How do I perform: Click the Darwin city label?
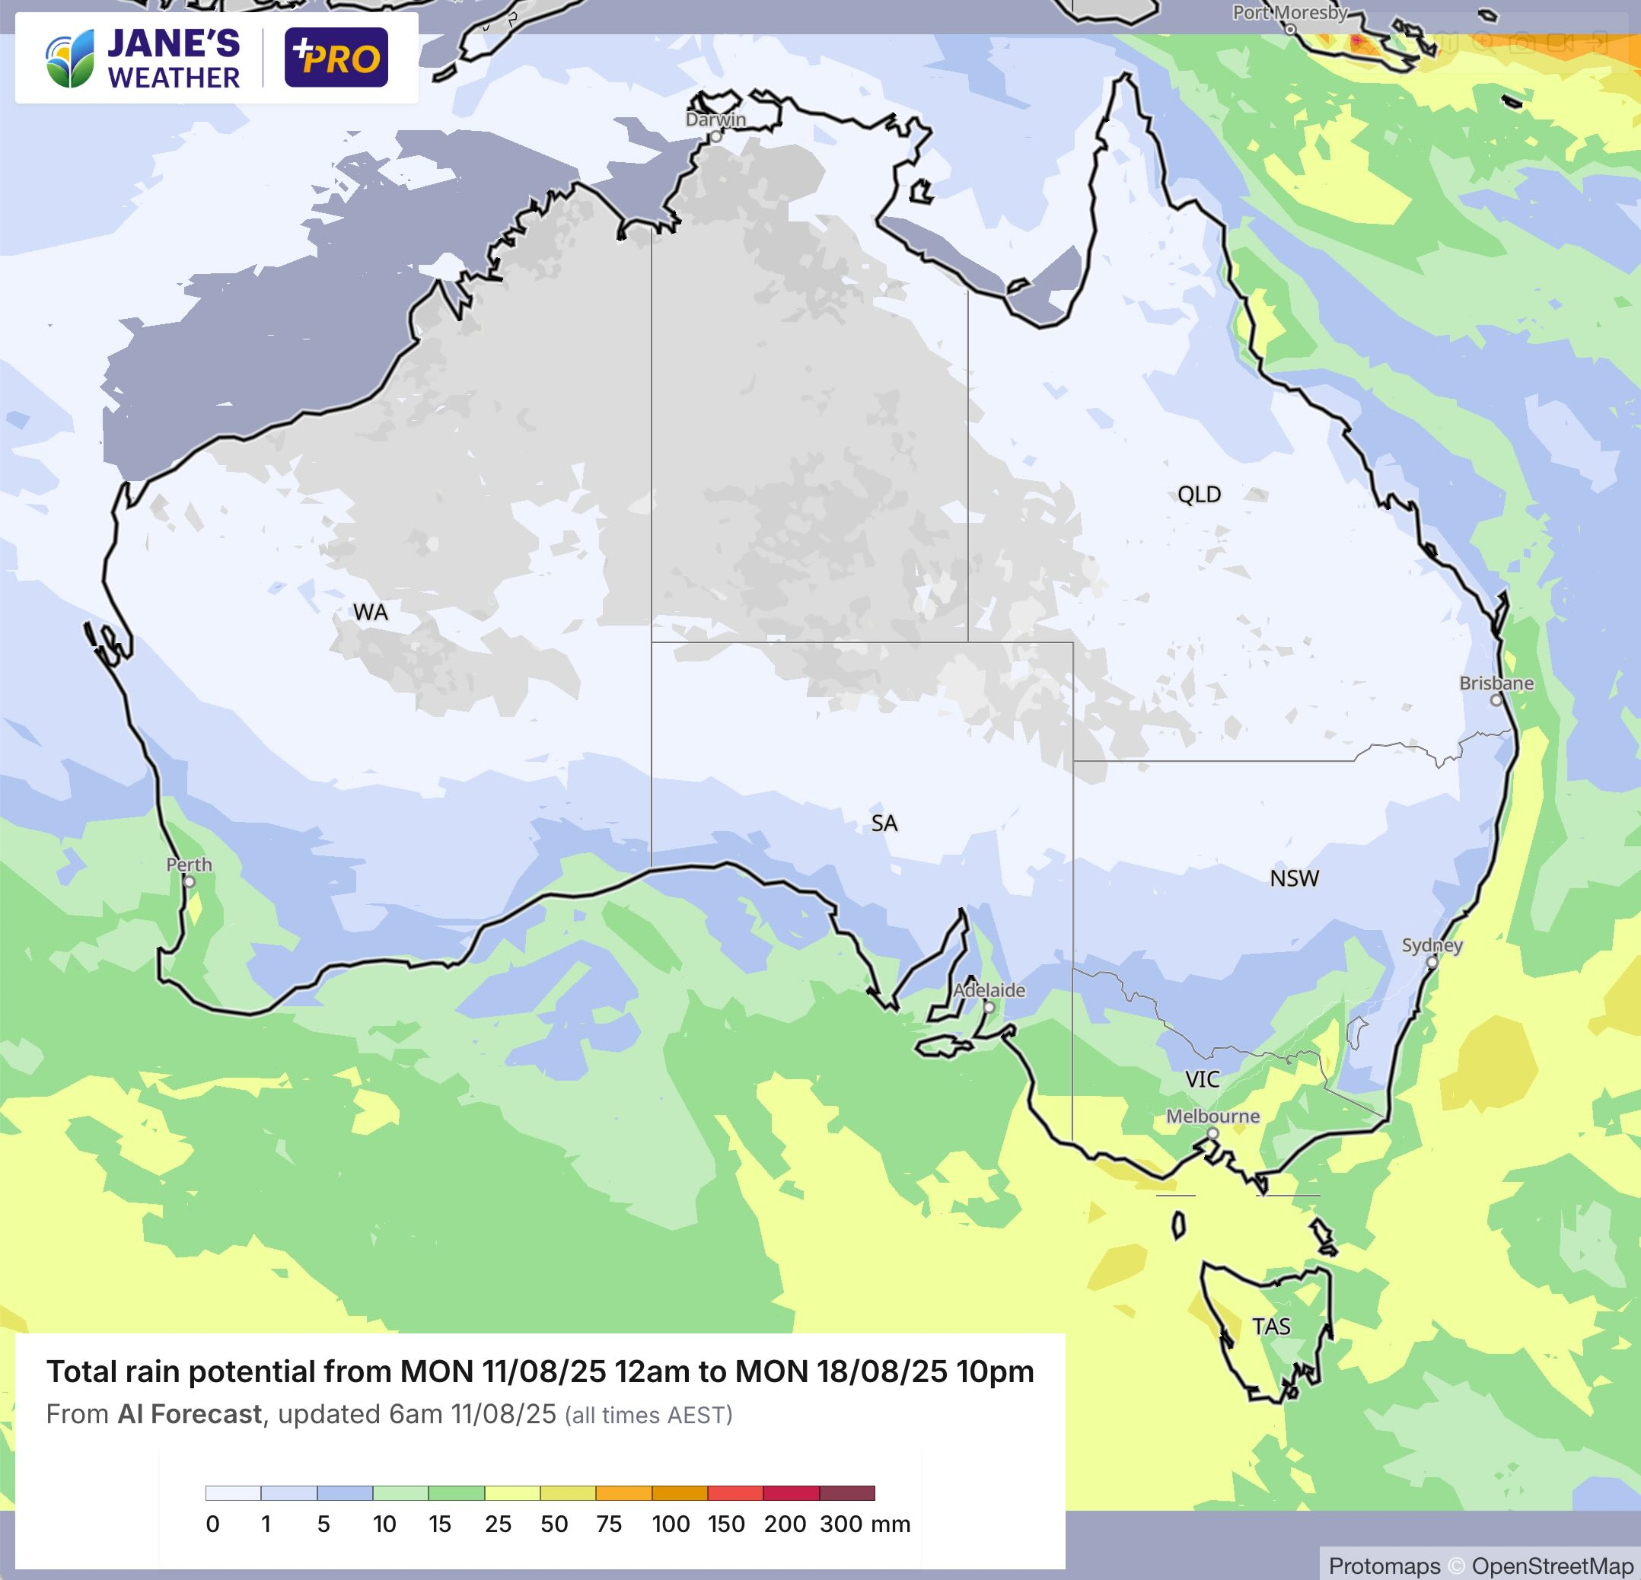(715, 119)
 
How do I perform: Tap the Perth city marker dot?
(190, 881)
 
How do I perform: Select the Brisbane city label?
(1496, 683)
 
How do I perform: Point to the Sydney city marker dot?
(1432, 963)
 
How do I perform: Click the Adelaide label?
(989, 990)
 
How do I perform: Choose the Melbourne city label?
(1212, 1117)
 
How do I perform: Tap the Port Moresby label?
(1289, 13)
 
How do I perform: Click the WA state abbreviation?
(370, 613)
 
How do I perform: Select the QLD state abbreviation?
(1199, 495)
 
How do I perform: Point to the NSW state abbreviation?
(1294, 878)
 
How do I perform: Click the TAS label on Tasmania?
(1271, 1327)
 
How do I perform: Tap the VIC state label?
(1203, 1080)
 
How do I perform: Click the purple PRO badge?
(336, 58)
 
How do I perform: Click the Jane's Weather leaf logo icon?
(69, 59)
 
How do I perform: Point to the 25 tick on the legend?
(498, 1524)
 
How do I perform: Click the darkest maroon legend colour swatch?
(846, 1493)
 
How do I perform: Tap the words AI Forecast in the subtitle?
(190, 1414)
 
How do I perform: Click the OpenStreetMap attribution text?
(1551, 1566)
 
